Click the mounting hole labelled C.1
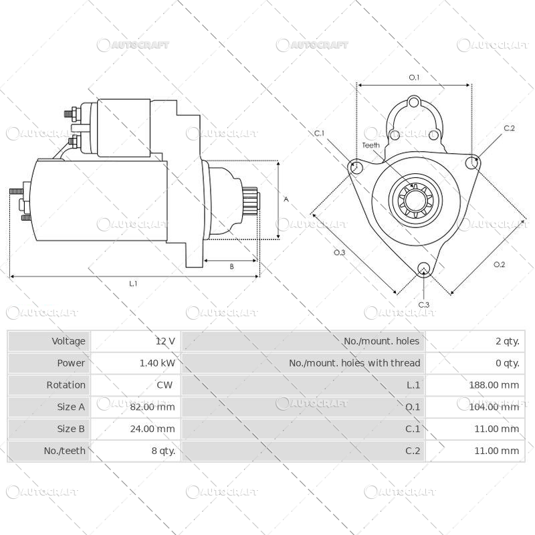tap(356, 167)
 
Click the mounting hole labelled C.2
tap(473, 162)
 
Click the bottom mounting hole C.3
tap(423, 269)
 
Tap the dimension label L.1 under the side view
tap(133, 284)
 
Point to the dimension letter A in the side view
tap(286, 199)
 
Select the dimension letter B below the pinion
tap(231, 266)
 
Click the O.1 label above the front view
tap(414, 78)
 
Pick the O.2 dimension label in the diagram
tap(499, 264)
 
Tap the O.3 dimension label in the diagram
tap(339, 252)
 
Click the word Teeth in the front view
tap(370, 145)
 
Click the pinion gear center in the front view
tap(413, 198)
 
